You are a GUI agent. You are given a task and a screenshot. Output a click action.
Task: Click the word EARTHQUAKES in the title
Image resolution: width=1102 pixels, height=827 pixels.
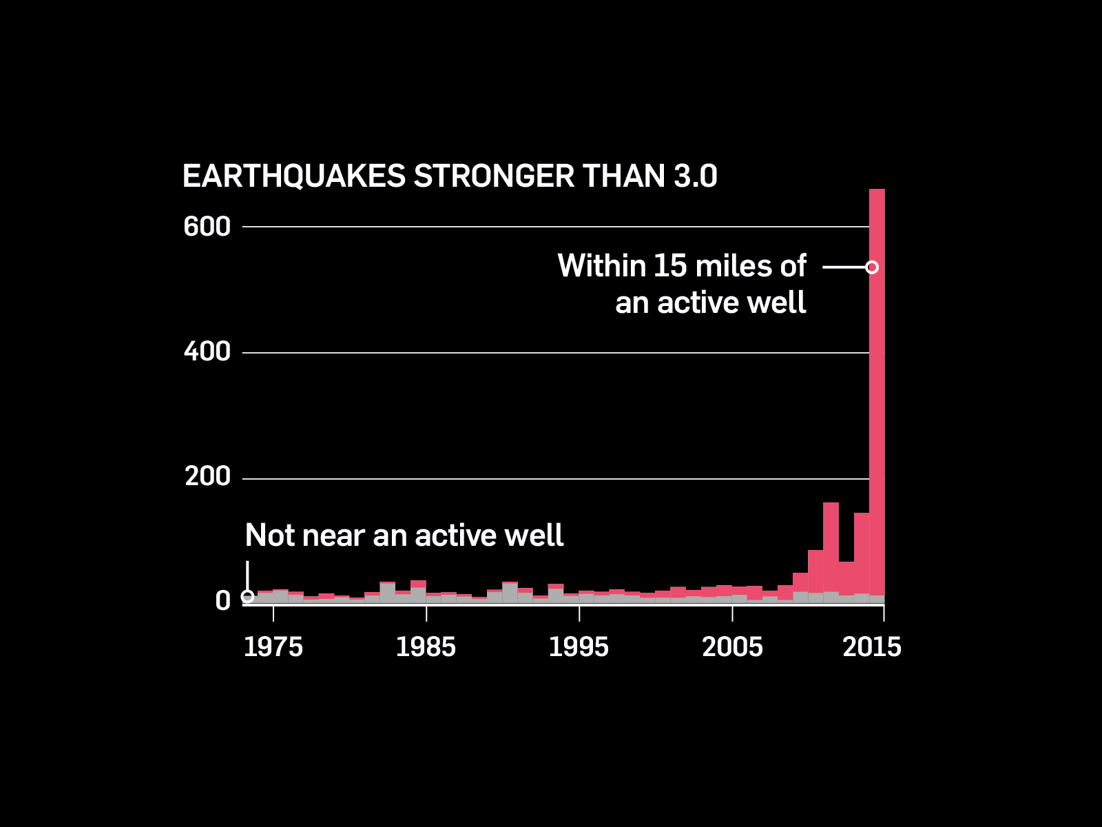(x=293, y=176)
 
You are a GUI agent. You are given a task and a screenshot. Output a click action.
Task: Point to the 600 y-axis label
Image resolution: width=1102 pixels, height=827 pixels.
(x=207, y=227)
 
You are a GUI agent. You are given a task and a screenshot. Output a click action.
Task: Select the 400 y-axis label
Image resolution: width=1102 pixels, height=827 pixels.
(x=207, y=352)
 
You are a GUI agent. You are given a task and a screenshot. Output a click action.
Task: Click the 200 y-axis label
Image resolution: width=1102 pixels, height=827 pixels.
(x=207, y=477)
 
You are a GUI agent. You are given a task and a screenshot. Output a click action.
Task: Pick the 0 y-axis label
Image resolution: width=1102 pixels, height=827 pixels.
(x=222, y=601)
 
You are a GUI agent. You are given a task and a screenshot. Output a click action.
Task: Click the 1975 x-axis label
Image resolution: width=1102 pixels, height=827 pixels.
(x=273, y=647)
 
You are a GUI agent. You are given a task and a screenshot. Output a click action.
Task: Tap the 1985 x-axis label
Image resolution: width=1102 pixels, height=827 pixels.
(x=426, y=647)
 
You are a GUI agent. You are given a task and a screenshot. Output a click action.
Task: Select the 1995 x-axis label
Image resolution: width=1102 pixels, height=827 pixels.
(x=579, y=647)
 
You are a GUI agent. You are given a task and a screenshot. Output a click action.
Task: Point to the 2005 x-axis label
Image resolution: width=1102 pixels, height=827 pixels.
(x=732, y=647)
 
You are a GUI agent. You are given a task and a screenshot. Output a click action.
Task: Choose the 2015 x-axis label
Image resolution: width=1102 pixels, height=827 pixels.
(x=872, y=647)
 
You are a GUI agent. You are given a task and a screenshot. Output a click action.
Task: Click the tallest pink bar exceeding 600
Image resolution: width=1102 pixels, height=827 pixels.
(x=877, y=413)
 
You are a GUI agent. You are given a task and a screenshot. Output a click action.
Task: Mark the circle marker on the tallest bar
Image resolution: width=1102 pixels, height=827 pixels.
(x=872, y=267)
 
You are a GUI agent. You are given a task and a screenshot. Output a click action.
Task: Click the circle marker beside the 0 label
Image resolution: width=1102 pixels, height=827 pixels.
(x=248, y=597)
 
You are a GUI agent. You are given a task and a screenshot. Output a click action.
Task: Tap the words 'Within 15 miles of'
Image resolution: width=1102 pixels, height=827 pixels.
(x=681, y=266)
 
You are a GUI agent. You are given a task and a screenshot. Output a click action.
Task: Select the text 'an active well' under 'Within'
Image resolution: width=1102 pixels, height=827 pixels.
(x=710, y=303)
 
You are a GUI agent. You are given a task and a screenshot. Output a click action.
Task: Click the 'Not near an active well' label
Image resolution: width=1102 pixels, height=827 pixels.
(x=404, y=535)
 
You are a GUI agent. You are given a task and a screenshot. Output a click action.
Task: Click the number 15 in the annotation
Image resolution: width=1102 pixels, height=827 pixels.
(x=669, y=266)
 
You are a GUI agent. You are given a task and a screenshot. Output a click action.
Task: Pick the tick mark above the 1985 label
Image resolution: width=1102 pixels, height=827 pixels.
(x=426, y=613)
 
